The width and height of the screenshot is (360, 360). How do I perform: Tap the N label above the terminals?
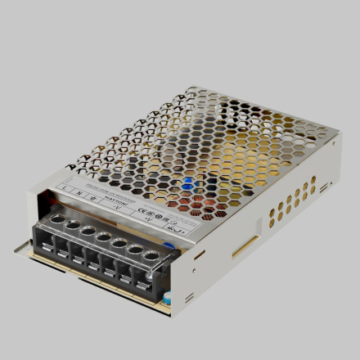[79, 193]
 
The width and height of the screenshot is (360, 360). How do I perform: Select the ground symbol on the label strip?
[93, 197]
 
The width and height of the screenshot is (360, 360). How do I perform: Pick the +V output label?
[147, 218]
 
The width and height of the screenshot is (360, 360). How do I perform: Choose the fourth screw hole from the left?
[104, 236]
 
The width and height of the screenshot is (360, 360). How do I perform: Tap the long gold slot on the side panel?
[245, 246]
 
